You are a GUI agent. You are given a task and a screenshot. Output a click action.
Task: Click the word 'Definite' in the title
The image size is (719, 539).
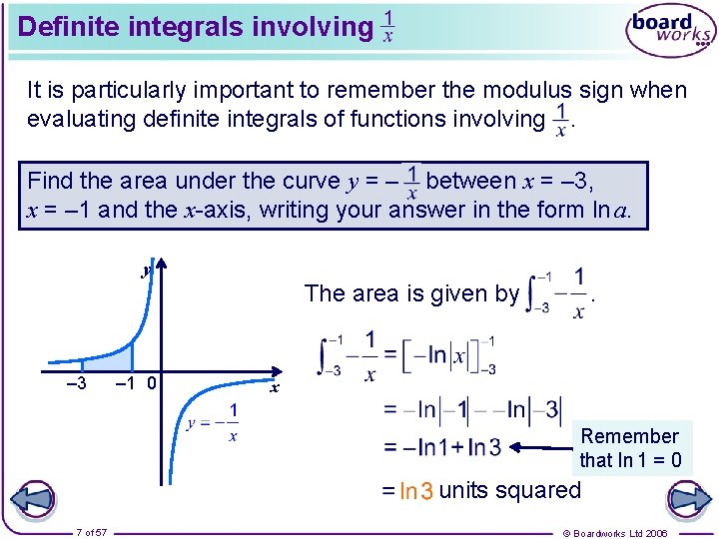point(68,27)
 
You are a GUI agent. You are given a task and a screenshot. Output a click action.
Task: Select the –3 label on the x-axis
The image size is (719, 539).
point(75,383)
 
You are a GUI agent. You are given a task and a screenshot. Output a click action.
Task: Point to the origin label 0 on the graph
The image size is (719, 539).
point(150,383)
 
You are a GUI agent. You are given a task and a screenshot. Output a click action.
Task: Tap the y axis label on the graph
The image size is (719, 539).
point(146,270)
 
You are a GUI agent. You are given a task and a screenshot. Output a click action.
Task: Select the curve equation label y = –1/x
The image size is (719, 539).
point(213,422)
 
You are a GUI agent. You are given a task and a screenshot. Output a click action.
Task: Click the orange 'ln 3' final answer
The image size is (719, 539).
point(415,491)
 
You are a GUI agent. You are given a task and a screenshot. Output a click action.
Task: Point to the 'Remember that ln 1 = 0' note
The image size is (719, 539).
point(630,448)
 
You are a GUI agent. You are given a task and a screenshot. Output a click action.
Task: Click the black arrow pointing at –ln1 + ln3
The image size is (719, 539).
point(544,448)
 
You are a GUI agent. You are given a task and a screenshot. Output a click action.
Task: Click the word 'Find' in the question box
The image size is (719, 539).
point(50,181)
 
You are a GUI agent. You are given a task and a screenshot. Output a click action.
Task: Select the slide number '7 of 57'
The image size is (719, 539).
point(92,532)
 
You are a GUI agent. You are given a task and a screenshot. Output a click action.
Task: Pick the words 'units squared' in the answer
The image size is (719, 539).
point(509,490)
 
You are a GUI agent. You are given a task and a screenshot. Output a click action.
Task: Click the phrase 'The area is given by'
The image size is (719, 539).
point(411,293)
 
